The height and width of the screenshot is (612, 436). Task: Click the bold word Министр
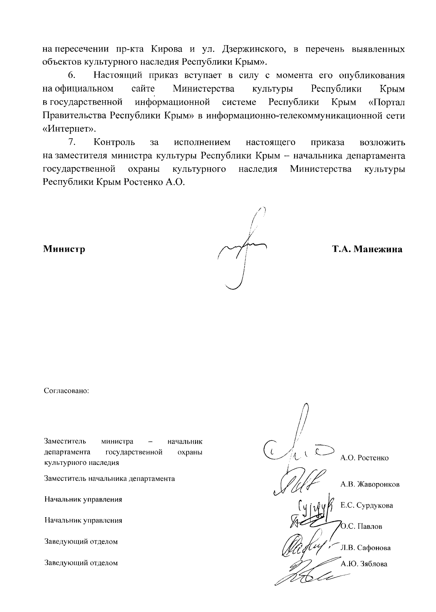(x=64, y=249)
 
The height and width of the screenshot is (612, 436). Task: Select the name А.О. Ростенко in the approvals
(x=364, y=458)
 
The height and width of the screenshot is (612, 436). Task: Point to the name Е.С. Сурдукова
(x=367, y=505)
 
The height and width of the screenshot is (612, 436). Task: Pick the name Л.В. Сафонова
(x=366, y=548)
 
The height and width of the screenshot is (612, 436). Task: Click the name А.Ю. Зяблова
(x=364, y=564)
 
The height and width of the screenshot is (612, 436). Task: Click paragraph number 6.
(x=71, y=76)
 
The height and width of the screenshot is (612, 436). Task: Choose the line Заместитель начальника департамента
(x=109, y=478)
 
